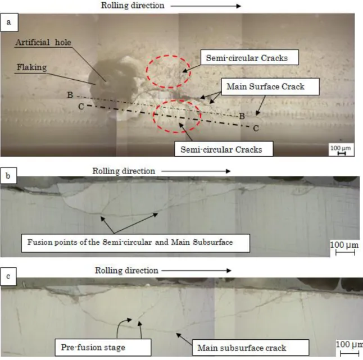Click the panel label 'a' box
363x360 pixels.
pos(9,22)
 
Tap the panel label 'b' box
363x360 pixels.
pos(8,176)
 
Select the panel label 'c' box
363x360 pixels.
pos(8,276)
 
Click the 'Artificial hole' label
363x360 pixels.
pos(43,42)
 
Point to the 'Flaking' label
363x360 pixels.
pos(31,67)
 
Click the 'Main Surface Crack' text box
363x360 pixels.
pos(270,86)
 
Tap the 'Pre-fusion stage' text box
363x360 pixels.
pos(103,347)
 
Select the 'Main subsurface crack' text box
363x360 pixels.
pos(251,348)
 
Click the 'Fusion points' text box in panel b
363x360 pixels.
pos(135,243)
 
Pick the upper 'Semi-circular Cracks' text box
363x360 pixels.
pos(249,57)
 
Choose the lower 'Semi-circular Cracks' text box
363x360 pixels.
pos(224,149)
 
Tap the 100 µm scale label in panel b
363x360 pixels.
pos(344,245)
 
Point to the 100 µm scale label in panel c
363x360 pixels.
pos(350,344)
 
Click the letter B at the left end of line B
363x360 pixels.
pos(70,95)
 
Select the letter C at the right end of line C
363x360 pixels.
pos(256,128)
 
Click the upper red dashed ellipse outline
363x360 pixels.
pos(146,72)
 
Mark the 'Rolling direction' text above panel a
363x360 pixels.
pos(133,5)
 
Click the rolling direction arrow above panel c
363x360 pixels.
pos(196,271)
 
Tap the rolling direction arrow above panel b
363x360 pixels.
pos(196,171)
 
